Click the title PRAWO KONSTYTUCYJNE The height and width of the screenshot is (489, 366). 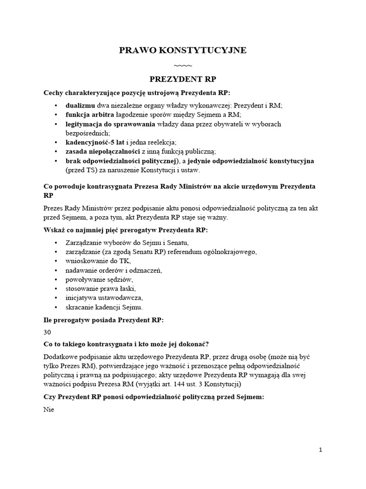coord(183,50)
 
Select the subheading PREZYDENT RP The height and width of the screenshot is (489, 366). coord(183,79)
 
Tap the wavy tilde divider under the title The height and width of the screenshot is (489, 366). coord(183,65)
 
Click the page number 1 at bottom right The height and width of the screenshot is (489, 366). coord(321,450)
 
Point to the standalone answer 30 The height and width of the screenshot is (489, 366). coord(47,332)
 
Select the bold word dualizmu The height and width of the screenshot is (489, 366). coord(81,106)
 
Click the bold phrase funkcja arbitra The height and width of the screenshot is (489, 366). coord(90,115)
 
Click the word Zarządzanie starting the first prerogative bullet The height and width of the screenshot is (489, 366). coord(85,243)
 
